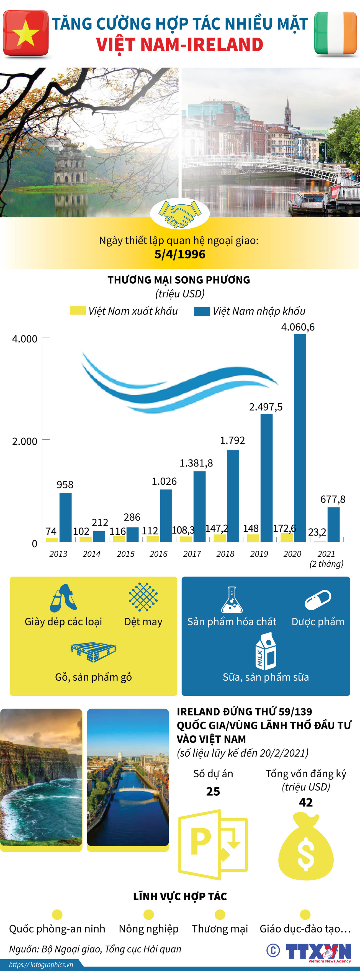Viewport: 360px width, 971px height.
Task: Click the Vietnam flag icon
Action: [x=26, y=34]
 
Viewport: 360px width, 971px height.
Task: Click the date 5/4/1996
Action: [x=180, y=254]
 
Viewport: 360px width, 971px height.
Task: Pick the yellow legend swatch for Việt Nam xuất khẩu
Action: [x=77, y=310]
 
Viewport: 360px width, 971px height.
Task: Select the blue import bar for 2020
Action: [x=300, y=437]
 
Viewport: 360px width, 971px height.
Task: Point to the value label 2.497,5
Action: [x=266, y=407]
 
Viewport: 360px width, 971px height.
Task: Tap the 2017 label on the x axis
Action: [x=192, y=554]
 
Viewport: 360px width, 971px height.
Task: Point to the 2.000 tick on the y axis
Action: [x=24, y=441]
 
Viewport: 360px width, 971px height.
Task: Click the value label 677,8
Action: [x=333, y=499]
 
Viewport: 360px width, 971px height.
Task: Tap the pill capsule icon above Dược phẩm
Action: [x=318, y=599]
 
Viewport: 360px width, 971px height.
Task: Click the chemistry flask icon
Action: [x=232, y=599]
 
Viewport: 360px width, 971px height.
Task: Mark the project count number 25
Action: [x=213, y=791]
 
